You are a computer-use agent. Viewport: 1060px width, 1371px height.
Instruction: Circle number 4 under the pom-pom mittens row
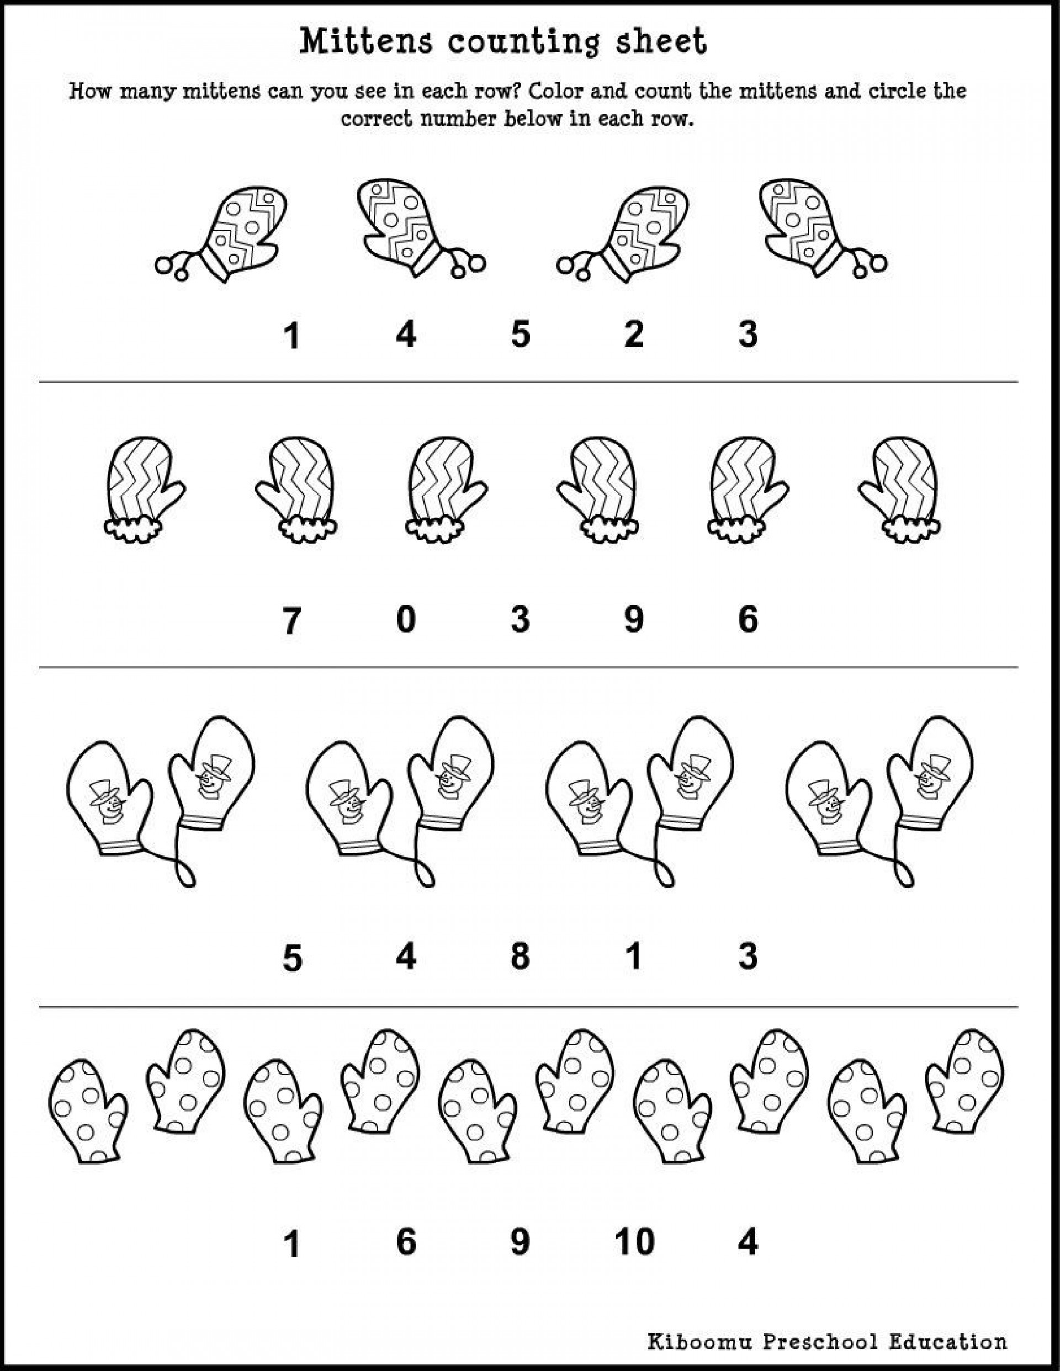406,333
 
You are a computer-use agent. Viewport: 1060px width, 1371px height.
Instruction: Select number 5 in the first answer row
520,333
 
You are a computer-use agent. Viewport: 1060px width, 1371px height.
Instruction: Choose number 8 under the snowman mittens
520,956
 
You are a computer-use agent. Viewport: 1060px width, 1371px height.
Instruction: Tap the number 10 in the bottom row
634,1242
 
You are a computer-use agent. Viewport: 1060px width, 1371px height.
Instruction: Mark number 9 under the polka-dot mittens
520,1242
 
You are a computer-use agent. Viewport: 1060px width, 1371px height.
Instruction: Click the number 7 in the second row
292,621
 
